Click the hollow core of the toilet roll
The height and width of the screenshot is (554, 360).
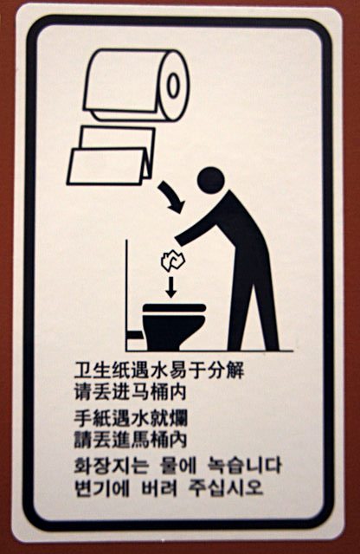click(173, 86)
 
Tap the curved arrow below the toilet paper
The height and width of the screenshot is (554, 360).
click(171, 197)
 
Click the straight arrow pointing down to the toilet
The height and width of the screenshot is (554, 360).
click(171, 287)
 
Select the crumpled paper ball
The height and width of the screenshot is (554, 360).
click(173, 261)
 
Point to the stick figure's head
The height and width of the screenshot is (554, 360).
click(210, 180)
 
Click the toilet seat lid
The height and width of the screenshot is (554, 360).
click(174, 308)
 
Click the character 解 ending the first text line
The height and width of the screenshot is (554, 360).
click(235, 370)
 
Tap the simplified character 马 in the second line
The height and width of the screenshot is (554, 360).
click(139, 392)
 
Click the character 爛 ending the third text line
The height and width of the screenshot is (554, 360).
click(177, 419)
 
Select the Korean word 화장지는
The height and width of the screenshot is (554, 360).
click(111, 466)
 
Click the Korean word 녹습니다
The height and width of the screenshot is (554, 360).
click(244, 466)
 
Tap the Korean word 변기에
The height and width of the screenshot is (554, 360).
click(102, 488)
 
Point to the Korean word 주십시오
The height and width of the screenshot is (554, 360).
click(226, 488)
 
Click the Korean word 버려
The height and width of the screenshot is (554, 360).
click(159, 488)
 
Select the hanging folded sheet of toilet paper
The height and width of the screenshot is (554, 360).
click(112, 156)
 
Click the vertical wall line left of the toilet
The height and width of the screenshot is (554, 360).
click(126, 295)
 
